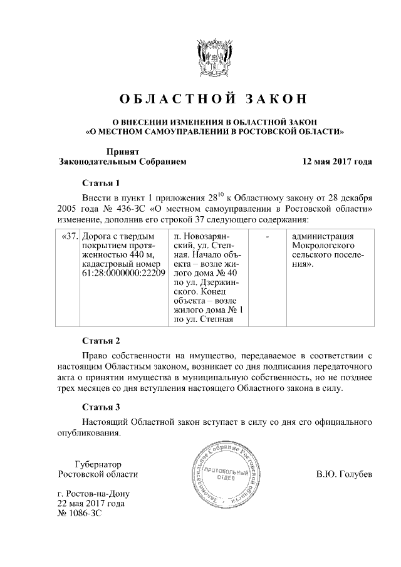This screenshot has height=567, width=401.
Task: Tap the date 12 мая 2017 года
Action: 337,161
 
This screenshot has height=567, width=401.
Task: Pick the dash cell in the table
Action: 268,237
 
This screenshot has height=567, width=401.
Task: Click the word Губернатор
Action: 97,464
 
